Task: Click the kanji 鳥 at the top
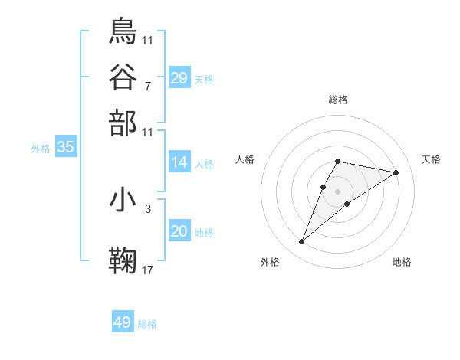123,30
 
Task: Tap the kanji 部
123,122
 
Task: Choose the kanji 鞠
123,260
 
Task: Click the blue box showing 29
179,78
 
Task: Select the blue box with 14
179,162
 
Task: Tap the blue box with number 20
179,232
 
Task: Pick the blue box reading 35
65,148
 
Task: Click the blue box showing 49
122,322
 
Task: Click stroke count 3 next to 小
147,208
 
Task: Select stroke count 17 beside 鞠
147,269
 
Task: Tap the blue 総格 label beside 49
147,324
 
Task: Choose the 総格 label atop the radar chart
338,100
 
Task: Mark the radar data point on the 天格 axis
396,172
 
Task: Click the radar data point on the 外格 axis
301,242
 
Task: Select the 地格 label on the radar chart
402,262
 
